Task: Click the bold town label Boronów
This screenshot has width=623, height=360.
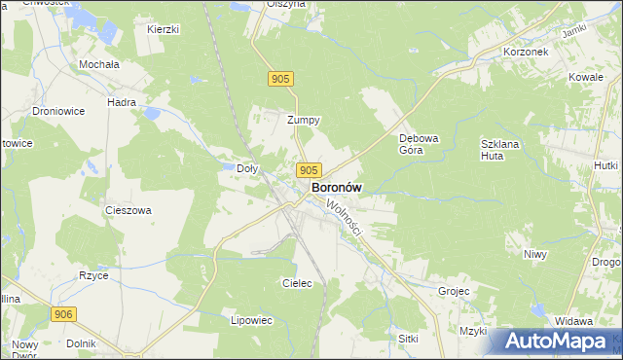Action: [337, 187]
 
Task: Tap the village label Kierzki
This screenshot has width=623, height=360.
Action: [163, 29]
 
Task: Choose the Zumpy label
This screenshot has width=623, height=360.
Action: [304, 121]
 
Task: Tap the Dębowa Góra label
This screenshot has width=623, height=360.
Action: [420, 143]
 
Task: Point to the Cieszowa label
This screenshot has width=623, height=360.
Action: [128, 209]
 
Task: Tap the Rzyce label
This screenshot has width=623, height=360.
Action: [93, 275]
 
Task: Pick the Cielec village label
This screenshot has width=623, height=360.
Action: [296, 283]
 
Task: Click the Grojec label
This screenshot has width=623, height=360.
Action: [454, 290]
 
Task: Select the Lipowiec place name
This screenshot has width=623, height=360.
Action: [251, 319]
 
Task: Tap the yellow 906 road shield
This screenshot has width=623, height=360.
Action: [64, 313]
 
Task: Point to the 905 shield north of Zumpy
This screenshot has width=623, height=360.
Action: [281, 79]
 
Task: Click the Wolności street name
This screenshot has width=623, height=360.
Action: [345, 219]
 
